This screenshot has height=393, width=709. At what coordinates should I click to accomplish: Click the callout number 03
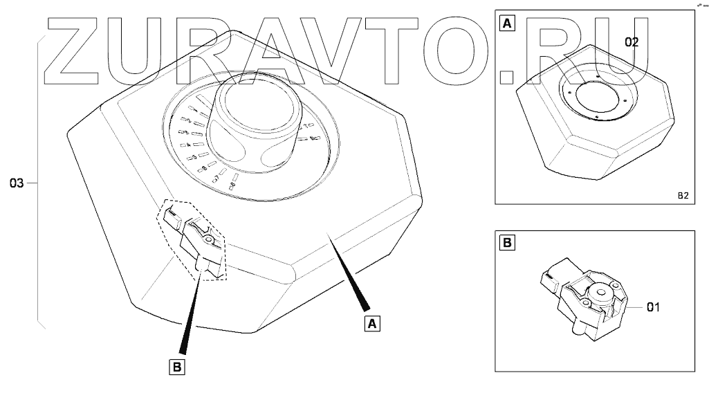[x=17, y=183]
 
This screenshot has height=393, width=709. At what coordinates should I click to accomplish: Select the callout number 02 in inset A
[x=632, y=42]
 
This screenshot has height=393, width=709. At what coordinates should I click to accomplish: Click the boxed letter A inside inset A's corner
[x=507, y=24]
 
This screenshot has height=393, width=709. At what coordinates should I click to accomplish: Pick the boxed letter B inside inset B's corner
[x=507, y=244]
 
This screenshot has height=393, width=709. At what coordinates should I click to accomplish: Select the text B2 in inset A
[x=682, y=196]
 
